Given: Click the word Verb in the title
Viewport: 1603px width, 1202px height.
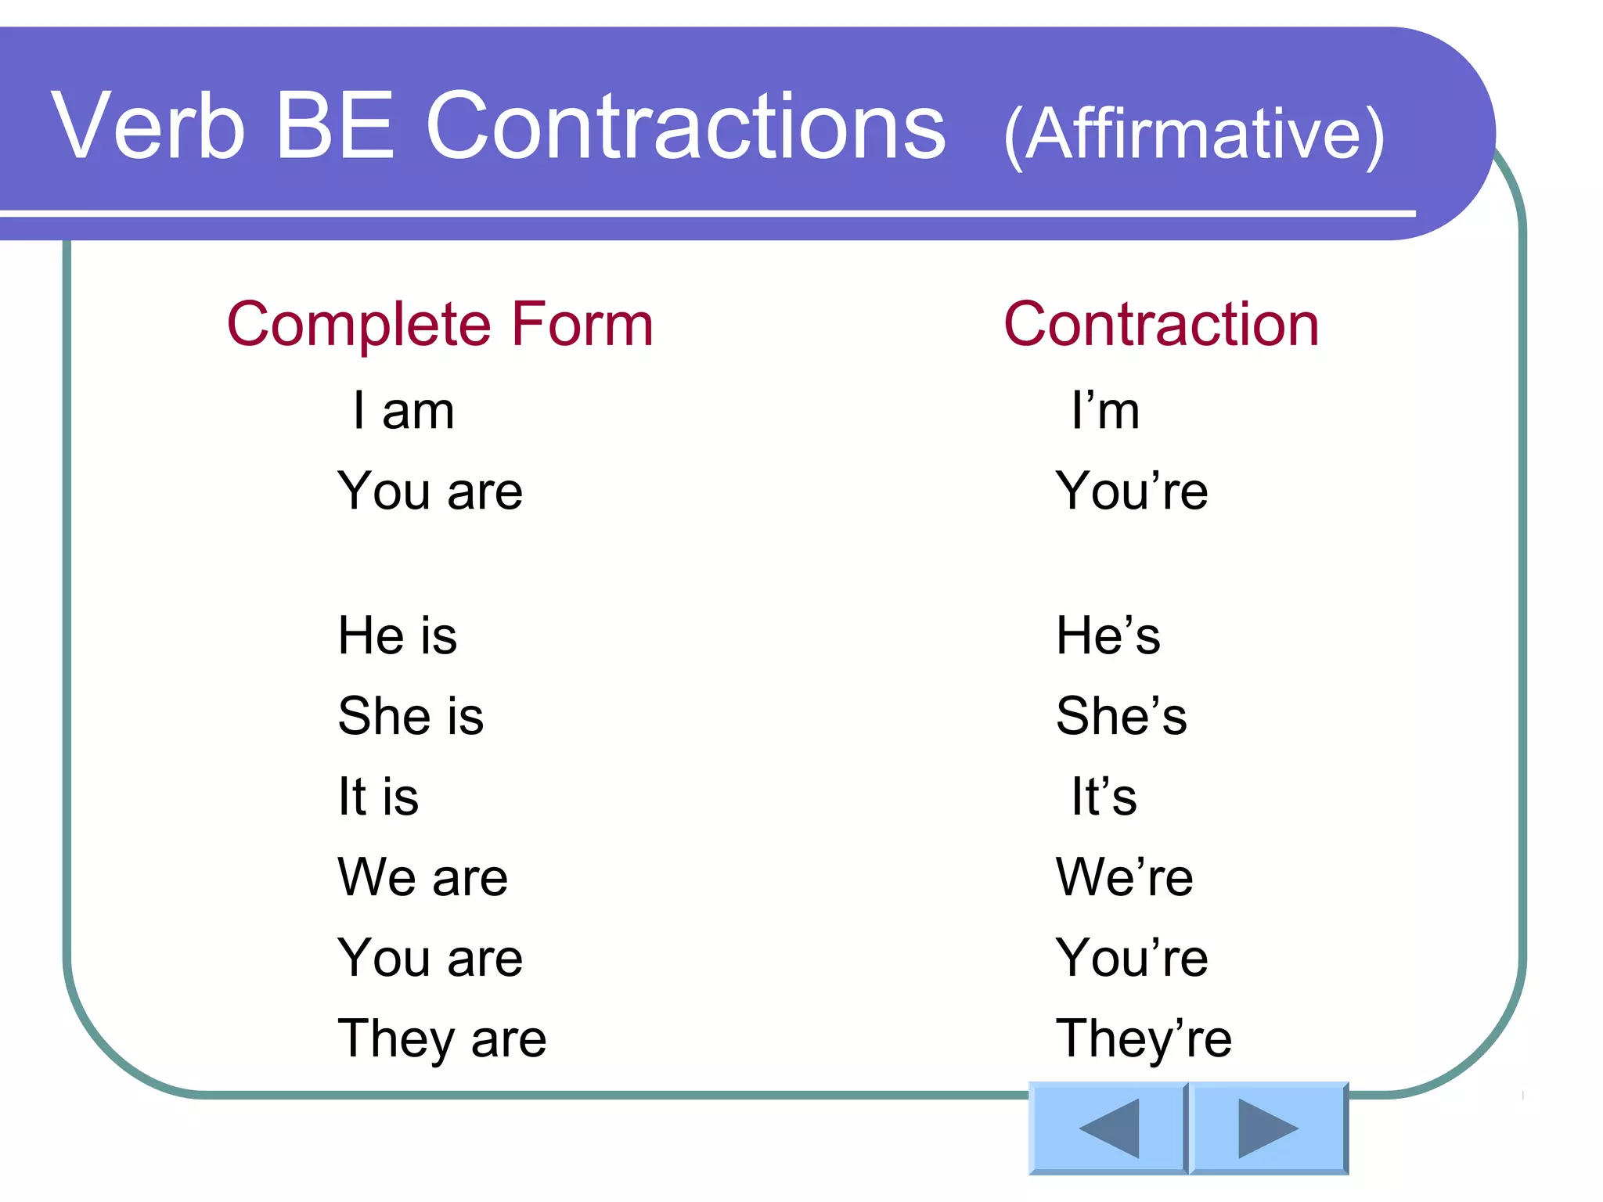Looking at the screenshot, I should (x=148, y=125).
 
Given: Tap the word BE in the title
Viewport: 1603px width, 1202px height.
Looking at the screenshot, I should (x=334, y=125).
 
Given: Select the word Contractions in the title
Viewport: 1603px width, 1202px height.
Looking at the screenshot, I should (x=686, y=125).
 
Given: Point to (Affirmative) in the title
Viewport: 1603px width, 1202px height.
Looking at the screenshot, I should (x=1194, y=135).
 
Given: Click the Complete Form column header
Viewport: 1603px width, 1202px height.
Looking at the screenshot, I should (x=440, y=324).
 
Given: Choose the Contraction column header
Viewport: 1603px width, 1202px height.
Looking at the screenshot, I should (x=1162, y=324).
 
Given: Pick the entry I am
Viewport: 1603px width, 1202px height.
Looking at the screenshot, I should (x=403, y=411).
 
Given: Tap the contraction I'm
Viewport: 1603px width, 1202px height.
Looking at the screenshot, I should (x=1105, y=411).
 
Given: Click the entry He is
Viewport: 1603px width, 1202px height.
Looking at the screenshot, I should (x=397, y=635).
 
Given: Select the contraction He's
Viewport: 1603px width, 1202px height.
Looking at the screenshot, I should (x=1108, y=635).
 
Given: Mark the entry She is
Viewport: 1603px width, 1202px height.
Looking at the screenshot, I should (x=410, y=715).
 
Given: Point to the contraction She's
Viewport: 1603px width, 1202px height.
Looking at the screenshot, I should (x=1121, y=715).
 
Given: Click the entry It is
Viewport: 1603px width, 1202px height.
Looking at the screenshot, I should (x=378, y=797).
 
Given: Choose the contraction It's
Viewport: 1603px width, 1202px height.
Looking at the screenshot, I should (x=1104, y=797).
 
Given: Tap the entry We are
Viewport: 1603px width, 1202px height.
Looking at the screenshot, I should (x=423, y=877).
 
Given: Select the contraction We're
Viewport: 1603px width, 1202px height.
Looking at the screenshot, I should (x=1124, y=877).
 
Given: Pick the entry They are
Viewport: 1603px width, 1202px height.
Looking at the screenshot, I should (x=441, y=1039).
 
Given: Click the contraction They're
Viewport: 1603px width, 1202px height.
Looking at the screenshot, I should (x=1144, y=1039).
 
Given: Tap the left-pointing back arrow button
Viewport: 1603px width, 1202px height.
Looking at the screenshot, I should (x=1108, y=1128).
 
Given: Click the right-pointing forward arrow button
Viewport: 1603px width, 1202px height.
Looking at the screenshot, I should (x=1268, y=1128).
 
